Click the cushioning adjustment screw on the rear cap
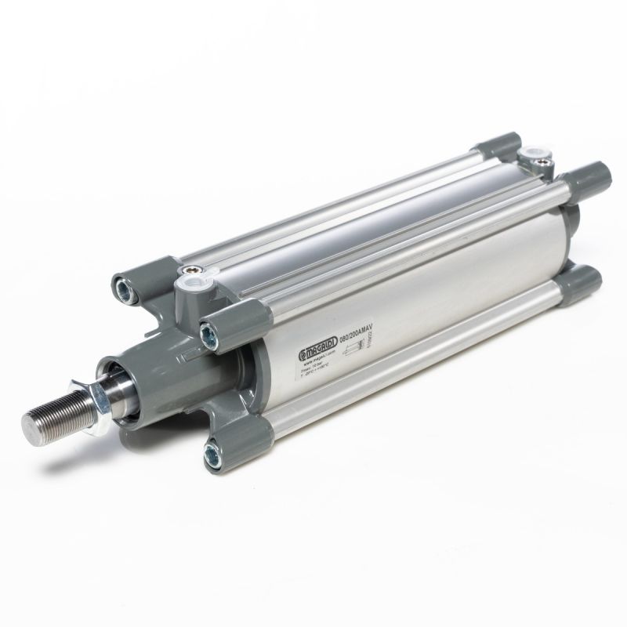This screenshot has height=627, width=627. (542, 164)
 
